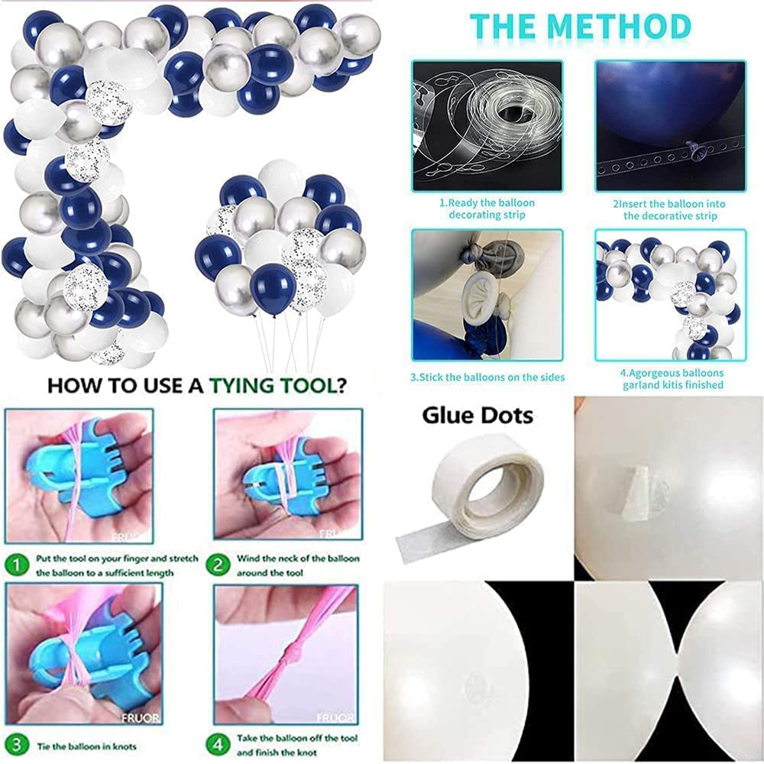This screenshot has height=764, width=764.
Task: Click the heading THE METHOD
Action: coord(581,27)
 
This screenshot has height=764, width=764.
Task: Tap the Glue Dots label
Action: coord(477,416)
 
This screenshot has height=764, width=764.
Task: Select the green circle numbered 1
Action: coord(17,565)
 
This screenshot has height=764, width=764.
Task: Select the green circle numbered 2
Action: coord(218,565)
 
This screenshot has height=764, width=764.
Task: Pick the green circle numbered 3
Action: coord(17,745)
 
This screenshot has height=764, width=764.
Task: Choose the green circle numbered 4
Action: coord(218,744)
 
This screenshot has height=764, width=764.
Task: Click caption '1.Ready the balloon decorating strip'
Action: coord(487,209)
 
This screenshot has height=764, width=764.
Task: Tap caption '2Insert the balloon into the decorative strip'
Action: coord(669,209)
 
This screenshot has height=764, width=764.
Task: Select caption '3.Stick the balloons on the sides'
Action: coord(487,377)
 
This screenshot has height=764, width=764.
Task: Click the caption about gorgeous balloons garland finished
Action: coord(672,379)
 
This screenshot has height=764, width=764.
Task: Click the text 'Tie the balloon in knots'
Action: coord(87,746)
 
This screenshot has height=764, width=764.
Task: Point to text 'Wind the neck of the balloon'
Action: coord(298,558)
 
